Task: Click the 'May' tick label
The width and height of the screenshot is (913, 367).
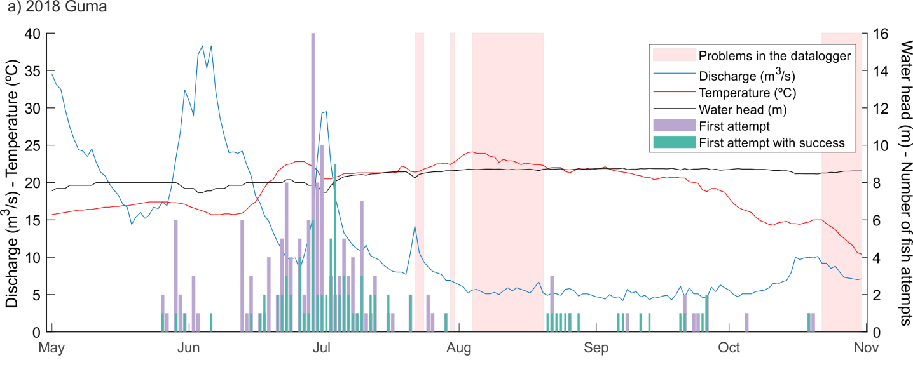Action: pyautogui.click(x=52, y=348)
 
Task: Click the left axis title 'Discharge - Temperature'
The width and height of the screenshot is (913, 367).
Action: pyautogui.click(x=12, y=183)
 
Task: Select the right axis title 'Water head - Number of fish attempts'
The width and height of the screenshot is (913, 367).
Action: pyautogui.click(x=905, y=183)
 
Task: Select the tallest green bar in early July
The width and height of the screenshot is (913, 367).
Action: pyautogui.click(x=335, y=248)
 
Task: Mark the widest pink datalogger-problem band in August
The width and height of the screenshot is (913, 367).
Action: pyautogui.click(x=507, y=183)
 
